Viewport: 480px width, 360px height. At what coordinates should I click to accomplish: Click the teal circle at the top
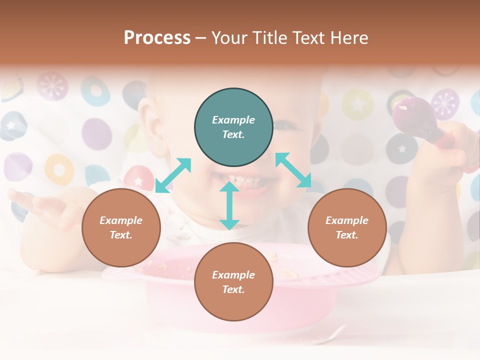[233, 127]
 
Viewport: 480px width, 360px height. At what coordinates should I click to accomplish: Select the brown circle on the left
[121, 228]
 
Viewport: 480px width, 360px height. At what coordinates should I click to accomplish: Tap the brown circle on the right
[347, 228]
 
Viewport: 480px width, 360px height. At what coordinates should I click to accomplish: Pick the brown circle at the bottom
[233, 282]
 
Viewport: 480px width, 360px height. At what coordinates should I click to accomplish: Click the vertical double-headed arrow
[229, 205]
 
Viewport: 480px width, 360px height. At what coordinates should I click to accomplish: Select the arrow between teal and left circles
[173, 175]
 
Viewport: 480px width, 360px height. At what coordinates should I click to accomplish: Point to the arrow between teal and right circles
[293, 170]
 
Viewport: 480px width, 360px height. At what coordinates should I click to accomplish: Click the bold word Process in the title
[157, 37]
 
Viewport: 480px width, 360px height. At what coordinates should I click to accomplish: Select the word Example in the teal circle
[233, 120]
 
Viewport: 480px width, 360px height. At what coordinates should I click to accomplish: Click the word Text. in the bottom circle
[233, 289]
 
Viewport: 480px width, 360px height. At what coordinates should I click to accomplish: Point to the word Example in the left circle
[121, 220]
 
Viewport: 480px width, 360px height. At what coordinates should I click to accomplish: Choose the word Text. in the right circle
[347, 235]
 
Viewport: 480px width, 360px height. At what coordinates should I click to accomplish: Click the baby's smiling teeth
[250, 180]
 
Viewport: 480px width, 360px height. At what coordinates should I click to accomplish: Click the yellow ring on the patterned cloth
[59, 169]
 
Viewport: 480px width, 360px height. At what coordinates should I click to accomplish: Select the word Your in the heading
[228, 37]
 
